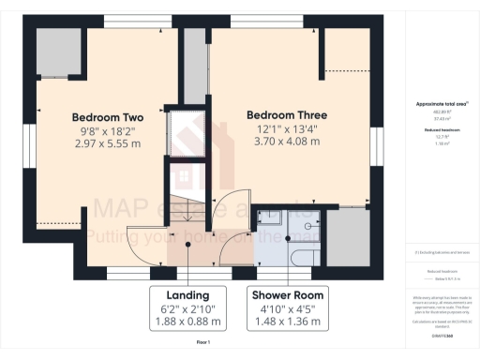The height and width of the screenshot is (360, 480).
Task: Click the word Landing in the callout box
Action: click(x=188, y=293)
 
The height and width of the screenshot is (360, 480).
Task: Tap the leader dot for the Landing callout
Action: click(x=188, y=245)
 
